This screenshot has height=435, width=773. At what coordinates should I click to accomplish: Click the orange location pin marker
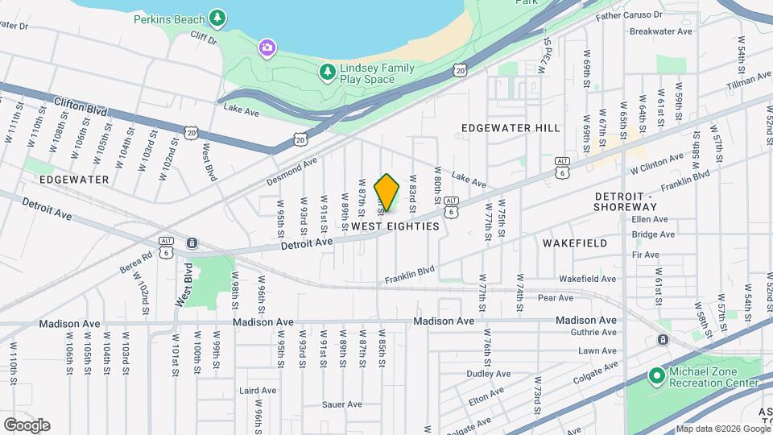(x=387, y=193)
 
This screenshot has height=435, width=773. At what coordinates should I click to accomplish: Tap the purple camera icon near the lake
(x=267, y=48)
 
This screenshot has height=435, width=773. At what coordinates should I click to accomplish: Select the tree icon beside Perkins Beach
(x=217, y=17)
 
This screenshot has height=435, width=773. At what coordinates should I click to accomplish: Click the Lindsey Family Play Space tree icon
(x=327, y=73)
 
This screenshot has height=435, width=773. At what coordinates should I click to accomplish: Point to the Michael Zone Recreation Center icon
(x=656, y=375)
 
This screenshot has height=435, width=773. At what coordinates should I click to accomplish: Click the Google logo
(x=27, y=425)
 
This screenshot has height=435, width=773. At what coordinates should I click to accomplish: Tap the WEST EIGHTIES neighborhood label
(x=396, y=226)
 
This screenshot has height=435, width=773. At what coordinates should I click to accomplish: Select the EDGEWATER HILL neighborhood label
(x=511, y=128)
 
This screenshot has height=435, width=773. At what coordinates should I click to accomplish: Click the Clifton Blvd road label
(x=81, y=106)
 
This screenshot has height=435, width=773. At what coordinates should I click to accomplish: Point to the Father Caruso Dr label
(x=628, y=15)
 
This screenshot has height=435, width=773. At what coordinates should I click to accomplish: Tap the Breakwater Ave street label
(x=661, y=31)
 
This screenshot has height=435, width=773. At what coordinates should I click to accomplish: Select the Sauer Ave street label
(x=342, y=404)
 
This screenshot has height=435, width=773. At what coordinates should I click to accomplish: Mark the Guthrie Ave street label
(x=596, y=332)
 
